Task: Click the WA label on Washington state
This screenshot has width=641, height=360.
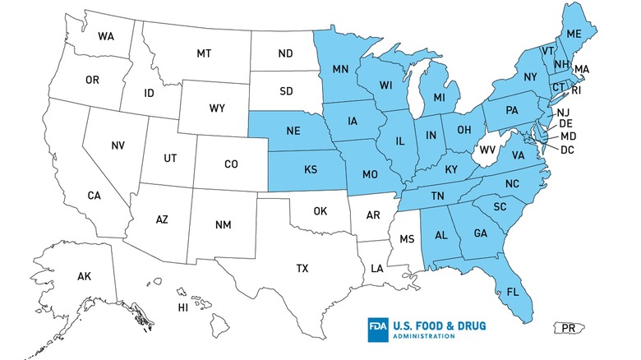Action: tap(105, 37)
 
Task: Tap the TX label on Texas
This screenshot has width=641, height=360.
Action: tap(302, 268)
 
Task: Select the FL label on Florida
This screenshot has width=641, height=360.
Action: tap(513, 293)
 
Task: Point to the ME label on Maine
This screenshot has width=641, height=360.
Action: tap(574, 34)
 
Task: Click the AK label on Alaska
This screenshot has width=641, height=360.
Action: tap(85, 276)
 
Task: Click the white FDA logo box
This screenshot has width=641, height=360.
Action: tap(380, 330)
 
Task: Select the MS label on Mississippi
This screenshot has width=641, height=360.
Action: tap(406, 240)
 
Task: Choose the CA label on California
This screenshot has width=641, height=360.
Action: tap(95, 196)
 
